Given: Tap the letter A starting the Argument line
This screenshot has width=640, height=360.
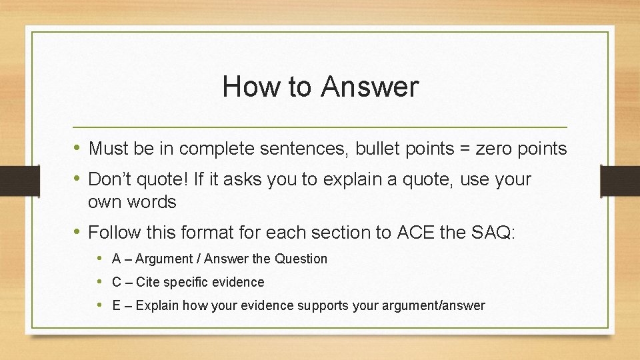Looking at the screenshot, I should tap(116, 259).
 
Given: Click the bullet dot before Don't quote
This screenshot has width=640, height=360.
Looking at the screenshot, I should tap(78, 179).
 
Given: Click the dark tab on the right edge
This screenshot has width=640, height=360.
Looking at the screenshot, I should tap(619, 181).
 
